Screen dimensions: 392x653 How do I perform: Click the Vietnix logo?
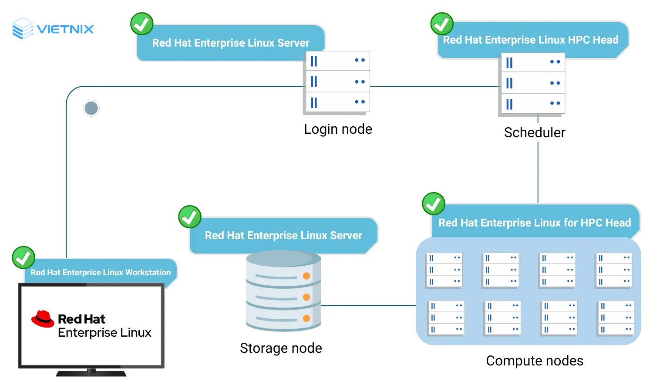(53, 29)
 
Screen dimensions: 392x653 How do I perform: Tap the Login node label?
(338, 129)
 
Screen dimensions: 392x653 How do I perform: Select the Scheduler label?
(535, 132)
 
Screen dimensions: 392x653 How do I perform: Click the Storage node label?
(281, 348)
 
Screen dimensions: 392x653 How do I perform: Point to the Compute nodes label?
(535, 361)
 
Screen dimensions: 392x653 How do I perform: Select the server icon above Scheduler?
(532, 84)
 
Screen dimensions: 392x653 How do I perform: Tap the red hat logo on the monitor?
(43, 319)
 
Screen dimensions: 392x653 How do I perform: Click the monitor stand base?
(91, 373)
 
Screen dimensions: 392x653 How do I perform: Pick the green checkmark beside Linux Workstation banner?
(24, 257)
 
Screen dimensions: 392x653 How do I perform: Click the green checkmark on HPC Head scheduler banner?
(442, 24)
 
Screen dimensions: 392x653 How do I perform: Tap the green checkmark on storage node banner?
(190, 217)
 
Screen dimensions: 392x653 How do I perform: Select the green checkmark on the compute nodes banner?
(434, 204)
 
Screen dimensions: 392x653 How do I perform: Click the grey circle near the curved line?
(91, 108)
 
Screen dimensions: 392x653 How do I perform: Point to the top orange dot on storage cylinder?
(306, 276)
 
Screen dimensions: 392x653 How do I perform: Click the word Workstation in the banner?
(148, 273)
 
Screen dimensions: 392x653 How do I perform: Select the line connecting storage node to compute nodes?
(368, 306)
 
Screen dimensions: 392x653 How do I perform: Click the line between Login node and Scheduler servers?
(434, 86)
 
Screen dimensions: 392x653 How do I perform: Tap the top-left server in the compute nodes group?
(444, 270)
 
